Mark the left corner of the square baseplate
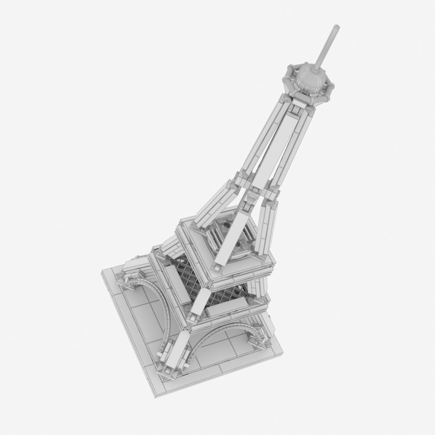tap(102, 274)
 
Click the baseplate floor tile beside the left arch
tap(140, 314)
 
